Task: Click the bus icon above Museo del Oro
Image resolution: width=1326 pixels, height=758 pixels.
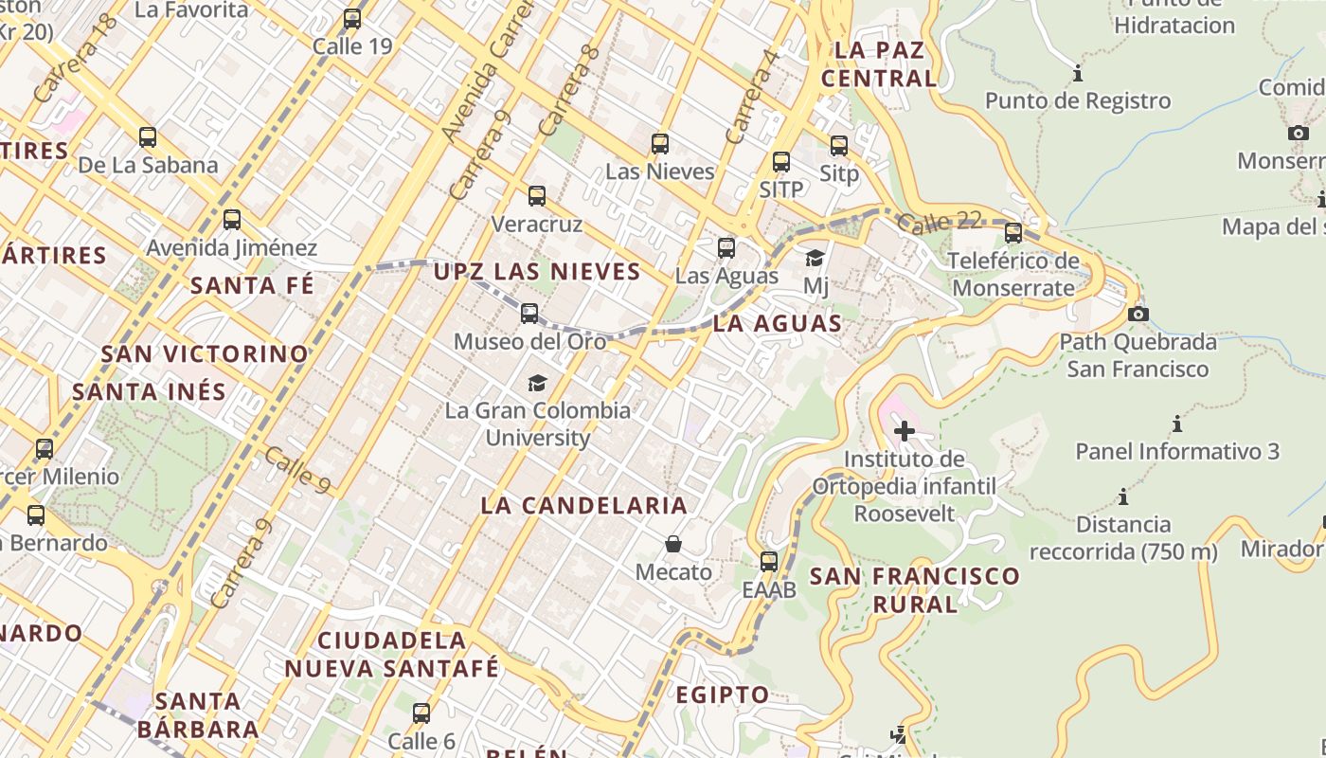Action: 529,313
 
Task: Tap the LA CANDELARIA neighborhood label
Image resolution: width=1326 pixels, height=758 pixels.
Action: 583,505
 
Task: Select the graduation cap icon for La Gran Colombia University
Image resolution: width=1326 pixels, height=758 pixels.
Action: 537,383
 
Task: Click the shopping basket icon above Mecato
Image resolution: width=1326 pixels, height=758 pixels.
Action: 673,544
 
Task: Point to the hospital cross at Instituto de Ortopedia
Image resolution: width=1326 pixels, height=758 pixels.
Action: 905,431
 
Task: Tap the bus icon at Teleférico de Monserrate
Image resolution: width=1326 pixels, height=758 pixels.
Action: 1013,232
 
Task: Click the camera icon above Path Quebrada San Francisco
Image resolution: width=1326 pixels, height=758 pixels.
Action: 1138,314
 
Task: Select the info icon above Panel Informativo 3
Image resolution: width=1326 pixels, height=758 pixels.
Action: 1177,424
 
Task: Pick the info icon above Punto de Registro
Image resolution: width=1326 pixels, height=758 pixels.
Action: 1077,73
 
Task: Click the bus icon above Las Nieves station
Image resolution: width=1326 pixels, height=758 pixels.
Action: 660,144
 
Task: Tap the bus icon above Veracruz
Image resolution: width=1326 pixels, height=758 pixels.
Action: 537,196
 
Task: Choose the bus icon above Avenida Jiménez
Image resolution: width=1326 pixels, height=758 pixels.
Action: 232,220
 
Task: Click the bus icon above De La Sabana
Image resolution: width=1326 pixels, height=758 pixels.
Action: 148,136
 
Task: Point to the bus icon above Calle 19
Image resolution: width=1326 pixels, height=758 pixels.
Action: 352,18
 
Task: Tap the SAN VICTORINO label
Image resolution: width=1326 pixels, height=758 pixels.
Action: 205,354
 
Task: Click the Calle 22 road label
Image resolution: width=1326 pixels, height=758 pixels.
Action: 939,222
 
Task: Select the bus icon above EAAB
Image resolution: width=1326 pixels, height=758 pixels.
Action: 769,561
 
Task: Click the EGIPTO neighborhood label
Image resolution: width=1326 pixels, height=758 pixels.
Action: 722,695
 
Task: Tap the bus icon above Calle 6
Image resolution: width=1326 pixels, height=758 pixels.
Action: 421,713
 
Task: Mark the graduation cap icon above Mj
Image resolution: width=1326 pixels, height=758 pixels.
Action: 815,258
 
